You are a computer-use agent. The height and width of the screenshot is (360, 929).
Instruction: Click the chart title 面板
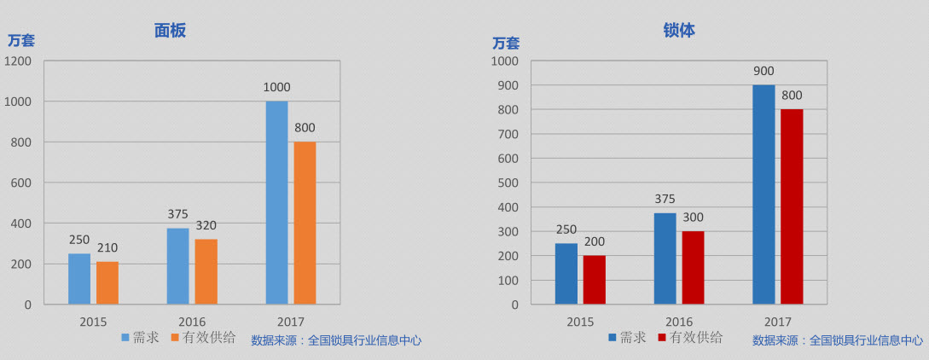(x=170, y=31)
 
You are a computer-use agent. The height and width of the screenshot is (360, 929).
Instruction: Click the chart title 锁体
(x=679, y=31)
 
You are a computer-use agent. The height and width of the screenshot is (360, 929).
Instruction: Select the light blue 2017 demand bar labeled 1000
(x=276, y=203)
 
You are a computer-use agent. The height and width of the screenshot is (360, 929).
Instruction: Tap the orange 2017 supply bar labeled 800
(x=305, y=223)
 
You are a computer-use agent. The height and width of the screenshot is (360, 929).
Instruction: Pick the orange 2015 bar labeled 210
(x=107, y=282)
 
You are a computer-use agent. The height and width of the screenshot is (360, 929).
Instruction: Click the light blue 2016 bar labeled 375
(x=177, y=266)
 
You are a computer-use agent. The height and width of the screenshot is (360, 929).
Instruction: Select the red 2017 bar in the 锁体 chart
(x=792, y=206)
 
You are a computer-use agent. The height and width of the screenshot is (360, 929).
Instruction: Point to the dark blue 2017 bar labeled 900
(x=764, y=195)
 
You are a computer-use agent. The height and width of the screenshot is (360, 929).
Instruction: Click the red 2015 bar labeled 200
(x=595, y=280)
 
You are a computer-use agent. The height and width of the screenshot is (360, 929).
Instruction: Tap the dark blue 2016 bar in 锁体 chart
(x=665, y=258)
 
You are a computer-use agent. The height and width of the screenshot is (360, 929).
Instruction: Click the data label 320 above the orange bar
(x=206, y=226)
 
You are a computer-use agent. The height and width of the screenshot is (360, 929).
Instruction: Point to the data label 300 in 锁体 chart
(x=693, y=218)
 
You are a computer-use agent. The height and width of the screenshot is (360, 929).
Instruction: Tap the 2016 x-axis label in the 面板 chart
(x=192, y=322)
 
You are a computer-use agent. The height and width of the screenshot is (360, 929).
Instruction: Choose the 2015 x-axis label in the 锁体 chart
(x=580, y=322)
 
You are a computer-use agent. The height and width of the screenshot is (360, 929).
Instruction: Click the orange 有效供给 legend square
(x=176, y=338)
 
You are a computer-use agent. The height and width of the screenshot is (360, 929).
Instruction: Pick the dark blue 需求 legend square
(x=613, y=338)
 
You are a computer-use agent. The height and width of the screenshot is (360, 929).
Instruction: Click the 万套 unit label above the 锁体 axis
(x=505, y=43)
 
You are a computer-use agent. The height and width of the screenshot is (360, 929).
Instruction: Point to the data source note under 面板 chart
(x=336, y=340)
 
